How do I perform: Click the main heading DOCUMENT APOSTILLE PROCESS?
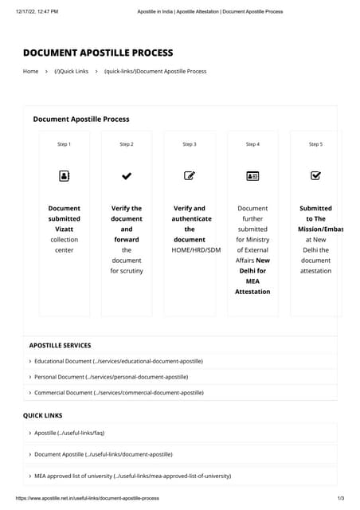(x=98, y=53)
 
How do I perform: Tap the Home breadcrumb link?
(x=30, y=72)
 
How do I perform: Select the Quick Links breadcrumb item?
(x=72, y=72)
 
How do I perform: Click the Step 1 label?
(x=64, y=144)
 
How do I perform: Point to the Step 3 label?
(x=189, y=144)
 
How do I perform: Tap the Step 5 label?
(x=315, y=144)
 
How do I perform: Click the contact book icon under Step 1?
(x=64, y=175)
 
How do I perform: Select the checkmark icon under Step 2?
(x=127, y=175)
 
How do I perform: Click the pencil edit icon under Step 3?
(x=190, y=175)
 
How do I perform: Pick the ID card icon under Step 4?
(x=252, y=175)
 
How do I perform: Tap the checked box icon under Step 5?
(x=315, y=175)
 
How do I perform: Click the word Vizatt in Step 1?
(x=64, y=229)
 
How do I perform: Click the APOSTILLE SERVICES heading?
(x=60, y=346)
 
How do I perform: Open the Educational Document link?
(x=118, y=361)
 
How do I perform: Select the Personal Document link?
(x=111, y=377)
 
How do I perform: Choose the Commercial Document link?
(x=119, y=393)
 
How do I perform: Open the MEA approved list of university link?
(x=132, y=476)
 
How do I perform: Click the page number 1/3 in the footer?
(x=341, y=498)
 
